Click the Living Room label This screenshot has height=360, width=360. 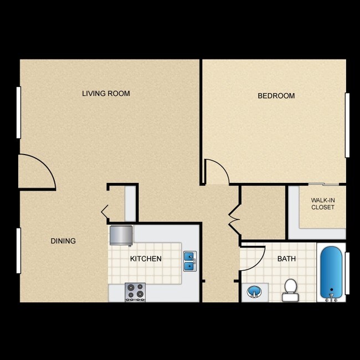coord(106,94)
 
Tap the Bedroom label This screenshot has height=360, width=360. coord(276,96)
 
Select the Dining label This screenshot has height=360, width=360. coord(63,241)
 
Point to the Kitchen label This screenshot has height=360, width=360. coord(146,259)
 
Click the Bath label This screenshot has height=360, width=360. coord(286,259)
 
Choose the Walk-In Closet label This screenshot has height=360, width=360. coord(322,203)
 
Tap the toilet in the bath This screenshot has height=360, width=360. coord(290,289)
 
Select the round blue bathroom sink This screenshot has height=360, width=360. coord(254,291)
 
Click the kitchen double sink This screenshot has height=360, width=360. coord(190,261)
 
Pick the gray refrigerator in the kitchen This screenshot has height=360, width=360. coord(121,235)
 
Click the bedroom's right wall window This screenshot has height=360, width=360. coord(347,125)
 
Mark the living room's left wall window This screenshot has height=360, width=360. coord(19,112)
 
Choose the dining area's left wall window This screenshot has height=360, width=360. coord(19,250)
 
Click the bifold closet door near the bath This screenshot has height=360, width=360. coord(233,217)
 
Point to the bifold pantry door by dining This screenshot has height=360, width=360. coord(105,211)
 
